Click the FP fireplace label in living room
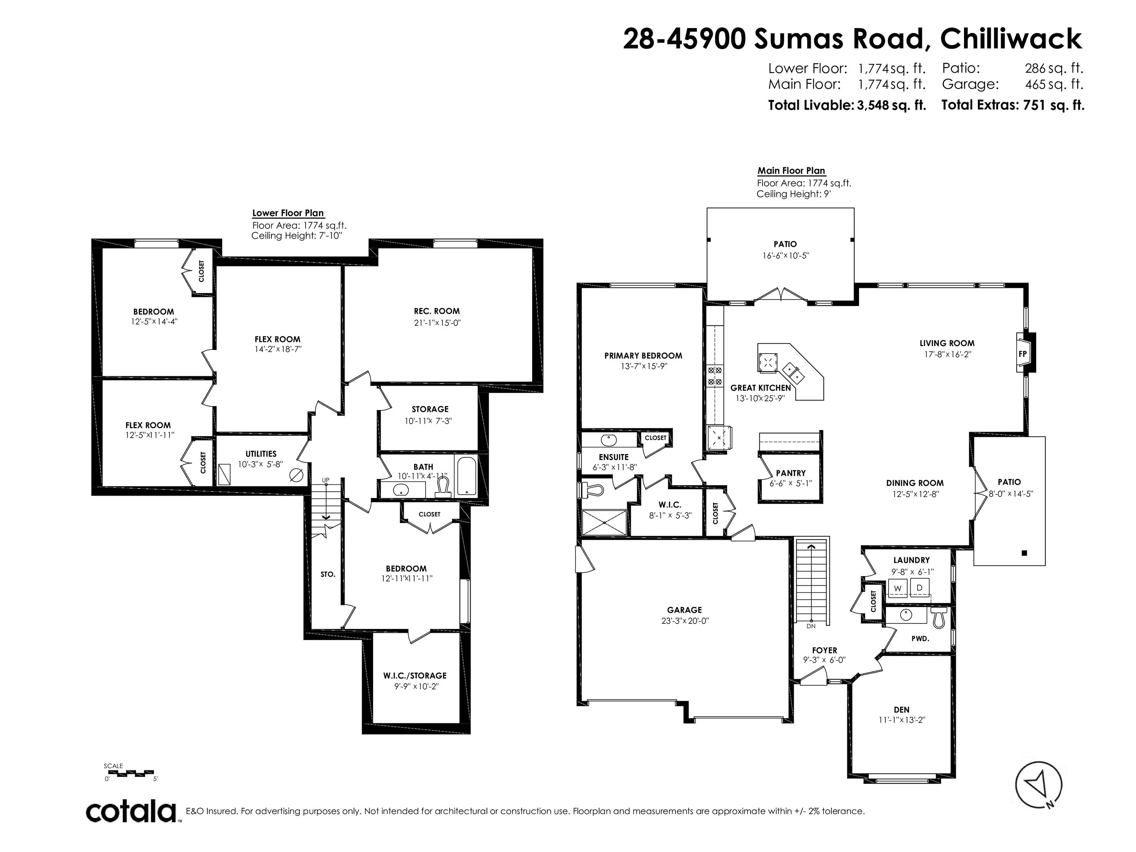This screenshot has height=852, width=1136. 1022,354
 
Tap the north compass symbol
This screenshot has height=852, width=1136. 1038,785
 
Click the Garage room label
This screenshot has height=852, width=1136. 684,610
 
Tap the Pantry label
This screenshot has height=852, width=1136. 790,473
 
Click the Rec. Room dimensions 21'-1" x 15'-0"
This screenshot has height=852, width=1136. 436,323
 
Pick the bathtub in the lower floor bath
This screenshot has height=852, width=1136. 466,476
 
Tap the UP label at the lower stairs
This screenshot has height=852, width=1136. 325,480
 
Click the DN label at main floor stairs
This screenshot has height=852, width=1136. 811,626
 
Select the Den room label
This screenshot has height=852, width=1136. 901,710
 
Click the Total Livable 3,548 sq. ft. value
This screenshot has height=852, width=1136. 891,105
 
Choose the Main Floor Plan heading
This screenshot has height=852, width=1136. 791,170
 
